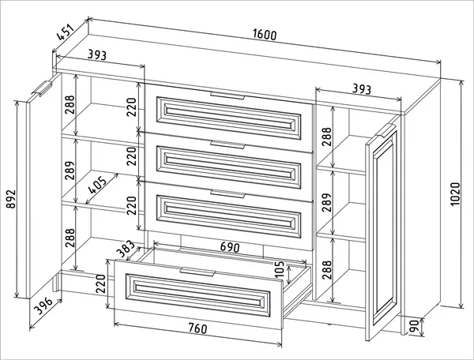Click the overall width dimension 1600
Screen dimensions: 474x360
click(265, 35)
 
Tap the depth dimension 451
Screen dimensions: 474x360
click(66, 32)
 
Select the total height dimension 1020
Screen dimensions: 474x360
click(455, 194)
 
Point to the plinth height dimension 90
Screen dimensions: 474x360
click(415, 326)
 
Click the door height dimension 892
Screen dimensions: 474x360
click(11, 199)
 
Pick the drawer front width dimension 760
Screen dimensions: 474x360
click(197, 328)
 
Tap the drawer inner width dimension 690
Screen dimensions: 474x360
click(230, 247)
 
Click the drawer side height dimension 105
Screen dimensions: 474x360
click(280, 269)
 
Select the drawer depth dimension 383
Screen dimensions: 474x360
click(125, 248)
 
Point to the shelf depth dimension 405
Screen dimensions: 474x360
click(97, 184)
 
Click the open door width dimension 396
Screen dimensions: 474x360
click(43, 306)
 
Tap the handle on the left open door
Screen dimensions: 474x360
click(42, 88)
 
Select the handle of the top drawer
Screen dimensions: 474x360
click(228, 96)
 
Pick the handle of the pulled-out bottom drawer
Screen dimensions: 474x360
click(197, 272)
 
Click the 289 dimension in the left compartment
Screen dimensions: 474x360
click(70, 171)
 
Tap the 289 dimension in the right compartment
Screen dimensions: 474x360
click(327, 202)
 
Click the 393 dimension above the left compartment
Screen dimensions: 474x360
click(97, 55)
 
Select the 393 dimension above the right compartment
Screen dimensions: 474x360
click(362, 89)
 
